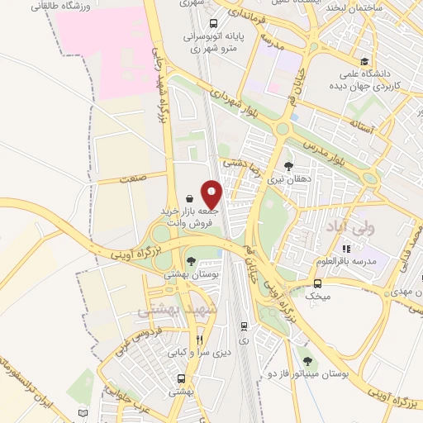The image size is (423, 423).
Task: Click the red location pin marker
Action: [212, 193]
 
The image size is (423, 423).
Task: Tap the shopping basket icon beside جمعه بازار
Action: [191, 198]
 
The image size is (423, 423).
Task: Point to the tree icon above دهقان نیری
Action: [288, 165]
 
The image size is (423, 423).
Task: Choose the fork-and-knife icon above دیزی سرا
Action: [198, 340]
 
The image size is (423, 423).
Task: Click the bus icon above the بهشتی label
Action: [181, 378]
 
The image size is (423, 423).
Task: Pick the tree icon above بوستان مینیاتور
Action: [307, 360]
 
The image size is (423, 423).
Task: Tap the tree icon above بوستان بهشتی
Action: [191, 261]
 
